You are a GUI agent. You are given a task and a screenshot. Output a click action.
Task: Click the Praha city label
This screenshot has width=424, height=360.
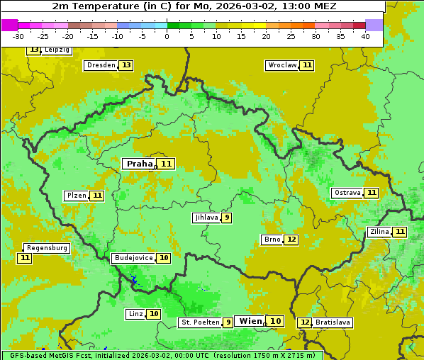139,164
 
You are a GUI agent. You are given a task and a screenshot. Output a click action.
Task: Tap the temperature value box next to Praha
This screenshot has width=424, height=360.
167,164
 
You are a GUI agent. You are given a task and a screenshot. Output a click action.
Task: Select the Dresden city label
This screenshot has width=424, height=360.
100,65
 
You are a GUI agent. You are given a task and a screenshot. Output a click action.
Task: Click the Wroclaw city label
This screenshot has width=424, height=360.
281,65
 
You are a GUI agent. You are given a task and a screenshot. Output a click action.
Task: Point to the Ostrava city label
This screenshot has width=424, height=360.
347,193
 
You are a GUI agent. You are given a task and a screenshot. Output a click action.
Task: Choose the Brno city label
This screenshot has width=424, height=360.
272,240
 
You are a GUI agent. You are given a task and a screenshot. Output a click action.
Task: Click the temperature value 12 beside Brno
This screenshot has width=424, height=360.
291,240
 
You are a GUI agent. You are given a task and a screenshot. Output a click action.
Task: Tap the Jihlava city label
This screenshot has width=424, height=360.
206,218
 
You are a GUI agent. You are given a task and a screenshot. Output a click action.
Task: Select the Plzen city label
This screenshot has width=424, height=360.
76,196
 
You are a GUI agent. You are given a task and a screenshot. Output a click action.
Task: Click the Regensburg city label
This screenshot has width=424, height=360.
47,248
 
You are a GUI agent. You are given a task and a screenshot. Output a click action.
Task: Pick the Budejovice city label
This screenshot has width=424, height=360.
133,258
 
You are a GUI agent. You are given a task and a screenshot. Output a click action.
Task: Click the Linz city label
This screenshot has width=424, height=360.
135,314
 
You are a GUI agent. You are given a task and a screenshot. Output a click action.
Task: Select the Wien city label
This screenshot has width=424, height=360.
250,321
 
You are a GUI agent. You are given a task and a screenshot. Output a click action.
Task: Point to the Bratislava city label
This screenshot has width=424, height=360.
333,322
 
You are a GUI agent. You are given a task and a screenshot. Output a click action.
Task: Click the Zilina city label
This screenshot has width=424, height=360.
379,232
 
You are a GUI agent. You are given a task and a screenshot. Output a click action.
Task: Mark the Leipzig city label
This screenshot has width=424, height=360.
57,50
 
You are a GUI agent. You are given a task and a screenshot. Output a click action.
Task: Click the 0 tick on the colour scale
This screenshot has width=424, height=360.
167,36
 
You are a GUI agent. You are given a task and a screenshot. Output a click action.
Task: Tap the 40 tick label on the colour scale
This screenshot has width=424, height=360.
365,36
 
